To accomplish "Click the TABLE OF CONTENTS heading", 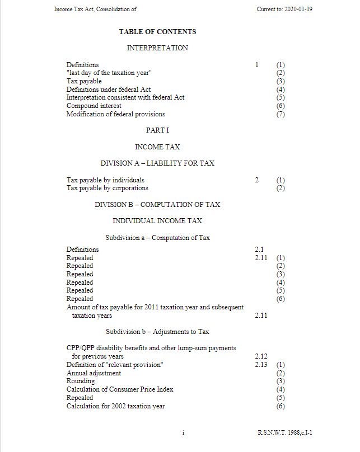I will click(x=157, y=32).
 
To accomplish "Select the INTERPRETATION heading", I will click(x=157, y=48).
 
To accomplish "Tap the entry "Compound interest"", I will click(x=93, y=106).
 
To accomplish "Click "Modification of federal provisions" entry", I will click(x=115, y=114).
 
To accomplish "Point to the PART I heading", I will click(x=157, y=130).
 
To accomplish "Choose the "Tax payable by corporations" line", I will click(x=107, y=189).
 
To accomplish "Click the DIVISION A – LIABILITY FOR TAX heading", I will click(x=157, y=163).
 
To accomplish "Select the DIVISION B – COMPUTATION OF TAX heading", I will click(x=157, y=205).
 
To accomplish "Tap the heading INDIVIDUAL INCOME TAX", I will click(x=157, y=221).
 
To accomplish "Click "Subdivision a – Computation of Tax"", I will click(x=157, y=238).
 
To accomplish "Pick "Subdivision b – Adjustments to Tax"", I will click(x=157, y=332).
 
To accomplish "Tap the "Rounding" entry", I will click(x=81, y=381).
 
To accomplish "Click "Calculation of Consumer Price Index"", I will click(x=120, y=389).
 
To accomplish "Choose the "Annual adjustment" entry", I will click(x=93, y=373).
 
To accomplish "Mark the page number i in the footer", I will click(x=183, y=432).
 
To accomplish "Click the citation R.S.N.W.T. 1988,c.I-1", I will click(x=289, y=432).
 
